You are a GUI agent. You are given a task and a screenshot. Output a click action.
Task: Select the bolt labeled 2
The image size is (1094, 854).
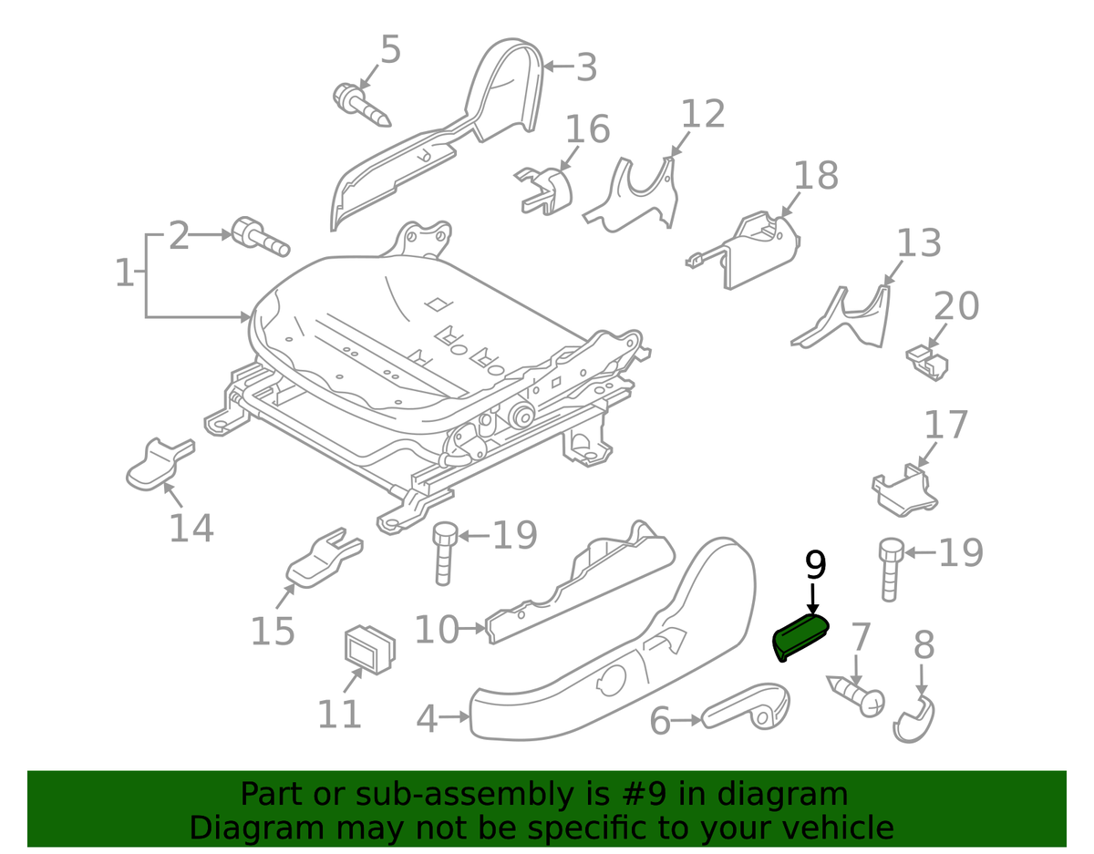tap(259, 236)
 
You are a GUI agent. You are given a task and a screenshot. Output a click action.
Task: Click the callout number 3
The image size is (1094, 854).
tap(585, 67)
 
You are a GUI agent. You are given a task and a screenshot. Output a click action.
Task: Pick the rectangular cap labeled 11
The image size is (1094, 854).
tap(369, 649)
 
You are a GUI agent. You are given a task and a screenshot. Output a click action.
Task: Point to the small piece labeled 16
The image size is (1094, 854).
tap(545, 190)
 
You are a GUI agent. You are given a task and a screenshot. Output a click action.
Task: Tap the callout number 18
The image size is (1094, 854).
tap(815, 175)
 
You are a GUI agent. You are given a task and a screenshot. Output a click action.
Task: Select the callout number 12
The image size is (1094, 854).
tap(703, 114)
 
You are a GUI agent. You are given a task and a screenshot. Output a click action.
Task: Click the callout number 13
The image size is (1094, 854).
tap(918, 244)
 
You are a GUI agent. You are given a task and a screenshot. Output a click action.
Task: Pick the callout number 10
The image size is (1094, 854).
tap(437, 629)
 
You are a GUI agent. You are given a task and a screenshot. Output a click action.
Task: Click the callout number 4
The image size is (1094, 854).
tap(427, 719)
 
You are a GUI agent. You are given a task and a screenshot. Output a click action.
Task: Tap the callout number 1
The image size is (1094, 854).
tap(124, 273)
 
